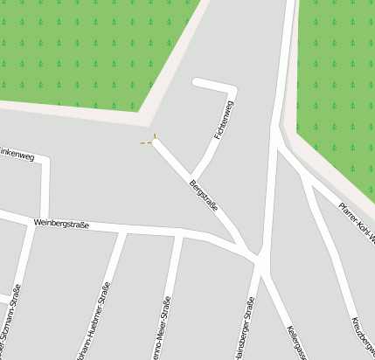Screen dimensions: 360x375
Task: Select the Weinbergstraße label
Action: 61,224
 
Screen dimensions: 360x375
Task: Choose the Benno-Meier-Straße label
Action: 164,328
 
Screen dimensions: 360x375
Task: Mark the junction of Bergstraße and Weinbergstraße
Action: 257,258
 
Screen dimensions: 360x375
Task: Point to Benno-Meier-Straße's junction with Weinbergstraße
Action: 181,235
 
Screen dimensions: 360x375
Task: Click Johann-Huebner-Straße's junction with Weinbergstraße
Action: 122,232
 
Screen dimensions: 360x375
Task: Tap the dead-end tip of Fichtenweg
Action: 196,83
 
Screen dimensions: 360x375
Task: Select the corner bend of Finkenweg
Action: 45,161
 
